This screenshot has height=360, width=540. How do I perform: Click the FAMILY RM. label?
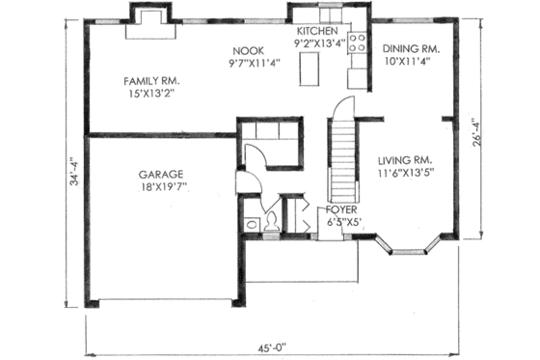point(151,80)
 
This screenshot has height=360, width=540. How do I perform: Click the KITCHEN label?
point(317,31)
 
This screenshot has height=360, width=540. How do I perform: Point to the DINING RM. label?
point(412,48)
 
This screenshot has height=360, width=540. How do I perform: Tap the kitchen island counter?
point(311,69)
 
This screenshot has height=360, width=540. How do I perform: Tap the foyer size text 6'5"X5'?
point(342,222)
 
